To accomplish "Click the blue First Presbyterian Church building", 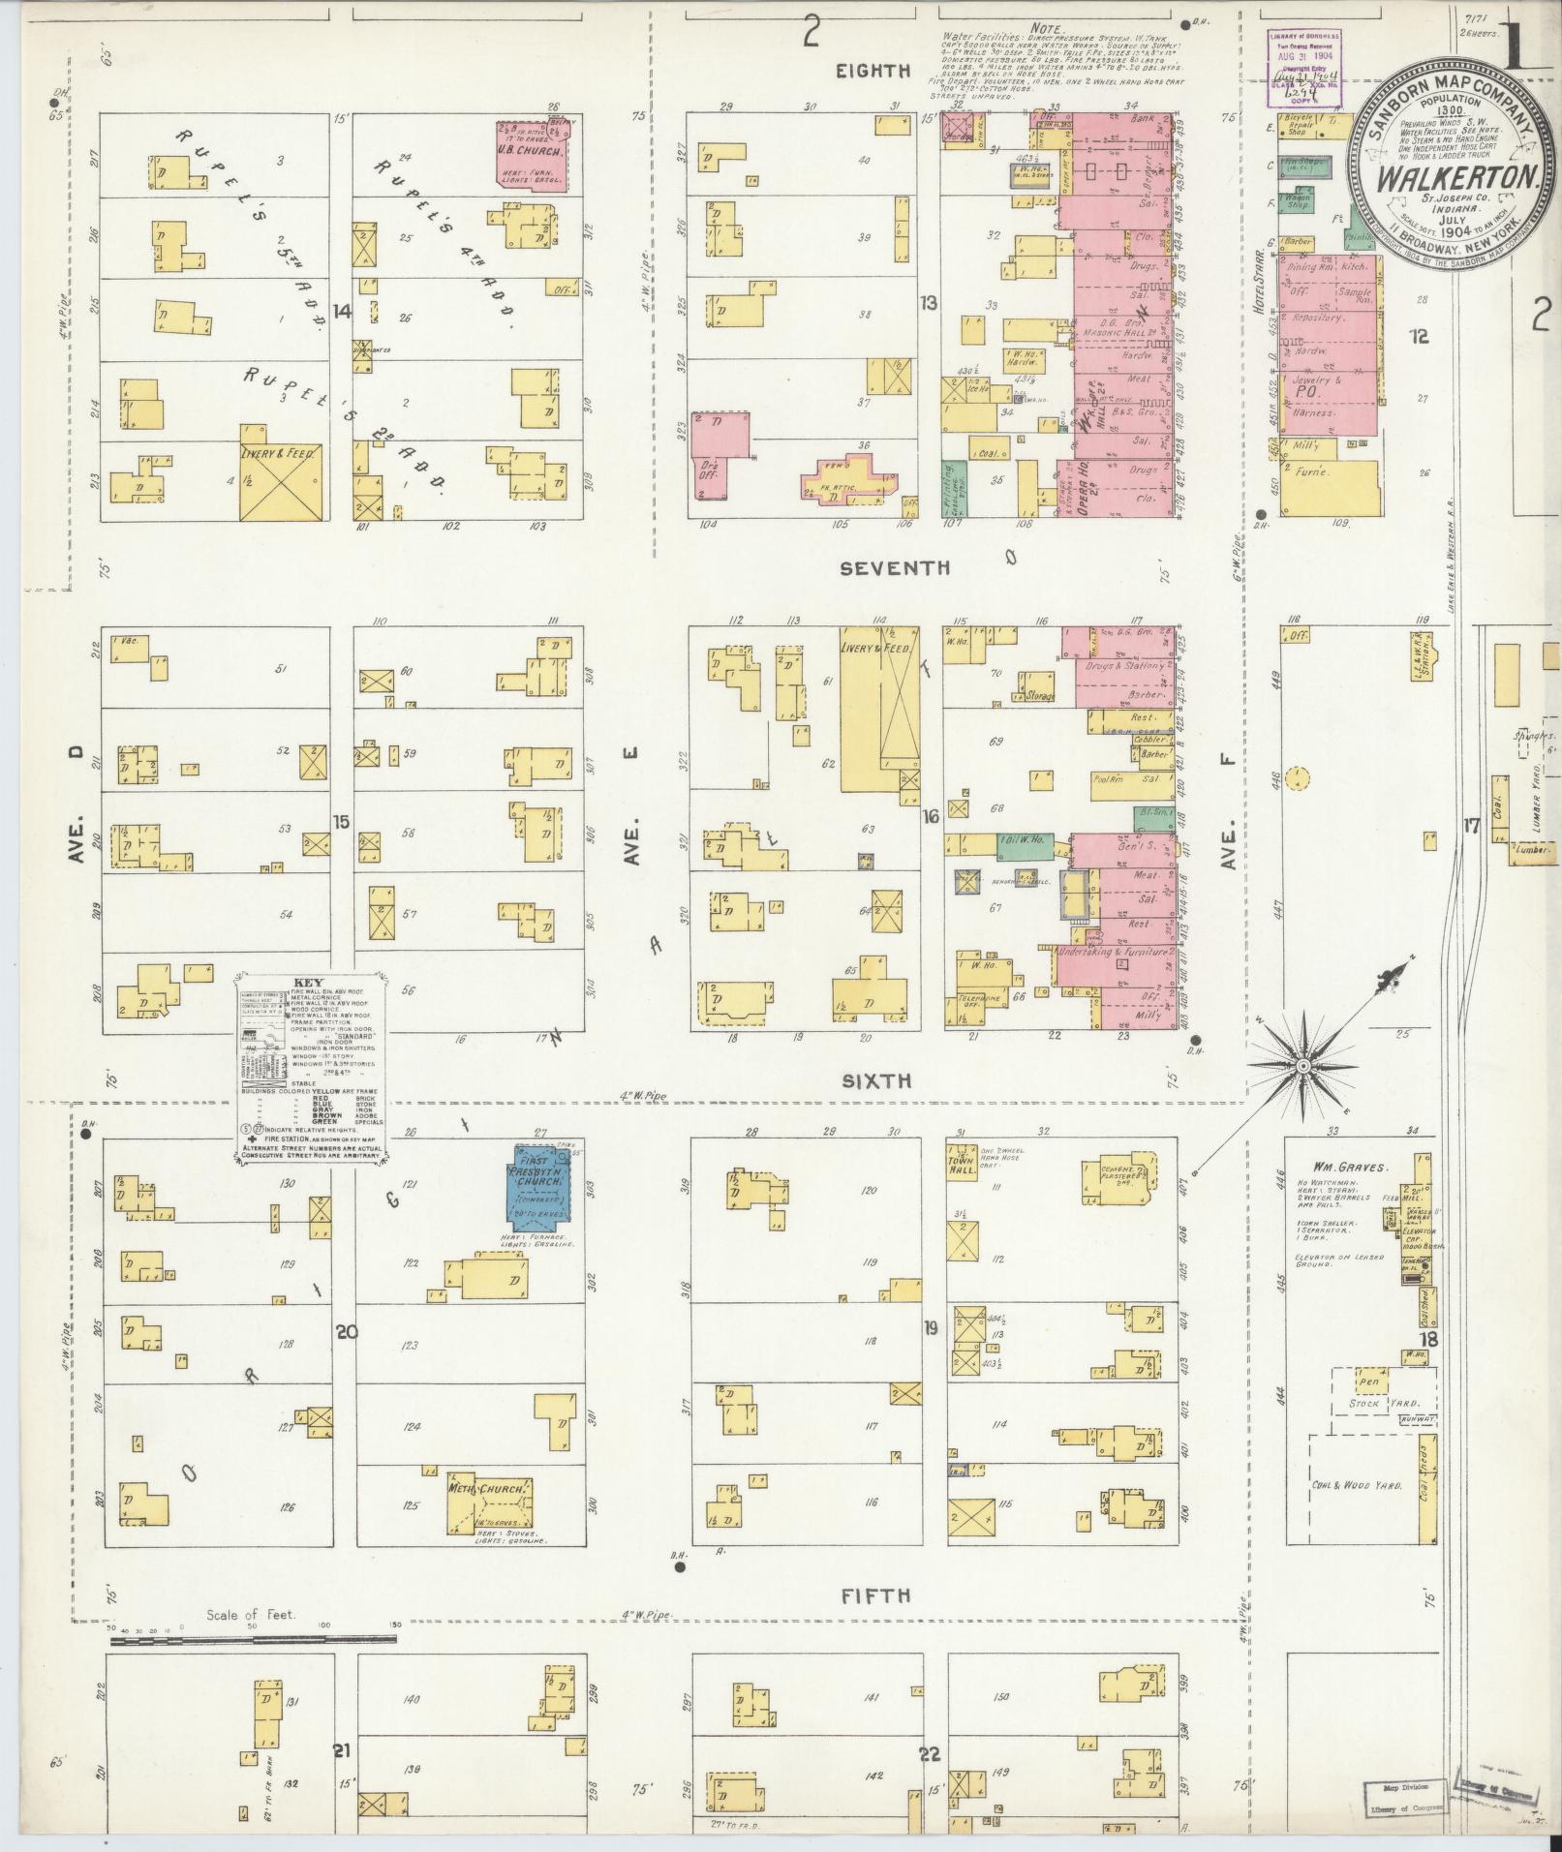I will pyautogui.click(x=541, y=1183).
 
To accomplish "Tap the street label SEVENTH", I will pyautogui.click(x=894, y=568).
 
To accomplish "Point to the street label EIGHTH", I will pyautogui.click(x=875, y=70).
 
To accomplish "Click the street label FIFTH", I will pyautogui.click(x=875, y=1595).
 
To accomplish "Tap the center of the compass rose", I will pyautogui.click(x=1303, y=1065).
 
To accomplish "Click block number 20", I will pyautogui.click(x=346, y=1332).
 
